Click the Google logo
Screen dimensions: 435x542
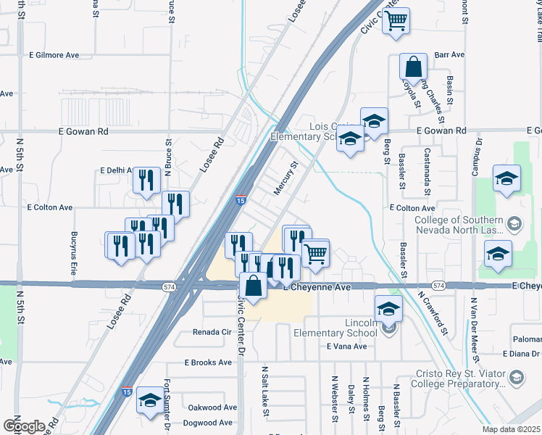coord(24,426)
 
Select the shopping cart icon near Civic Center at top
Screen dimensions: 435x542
coord(396,21)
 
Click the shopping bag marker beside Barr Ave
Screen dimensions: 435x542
coord(412,67)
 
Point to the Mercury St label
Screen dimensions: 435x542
coord(286,178)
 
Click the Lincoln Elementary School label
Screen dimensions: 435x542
coord(343,326)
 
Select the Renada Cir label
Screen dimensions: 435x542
coord(211,332)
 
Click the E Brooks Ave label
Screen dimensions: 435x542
coord(207,362)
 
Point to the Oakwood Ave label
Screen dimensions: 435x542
coord(212,407)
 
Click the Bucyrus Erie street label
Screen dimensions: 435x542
coord(74,248)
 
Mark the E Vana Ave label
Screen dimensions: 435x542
coord(347,347)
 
